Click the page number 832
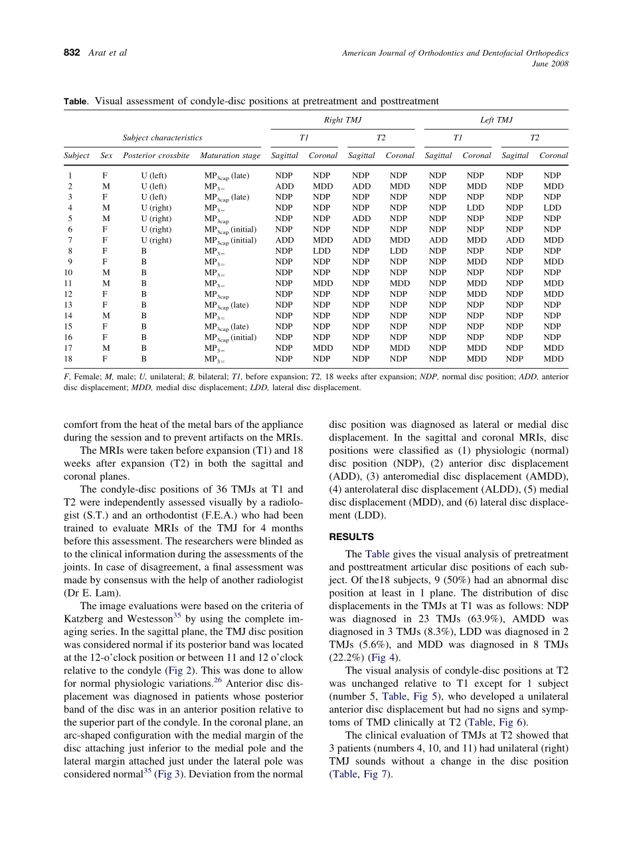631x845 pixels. pos(72,53)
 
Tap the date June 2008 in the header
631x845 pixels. pos(551,64)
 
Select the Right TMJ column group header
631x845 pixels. pos(342,120)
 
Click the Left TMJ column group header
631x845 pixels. pos(496,120)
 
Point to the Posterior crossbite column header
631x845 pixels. pos(156,155)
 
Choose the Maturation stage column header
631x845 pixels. pos(230,155)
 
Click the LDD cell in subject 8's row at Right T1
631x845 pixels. pos(323,251)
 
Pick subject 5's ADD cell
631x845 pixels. pos(361,219)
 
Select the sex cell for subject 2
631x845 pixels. pos(106,187)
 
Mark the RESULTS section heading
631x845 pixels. pos(351,537)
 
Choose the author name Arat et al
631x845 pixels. pos(107,53)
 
